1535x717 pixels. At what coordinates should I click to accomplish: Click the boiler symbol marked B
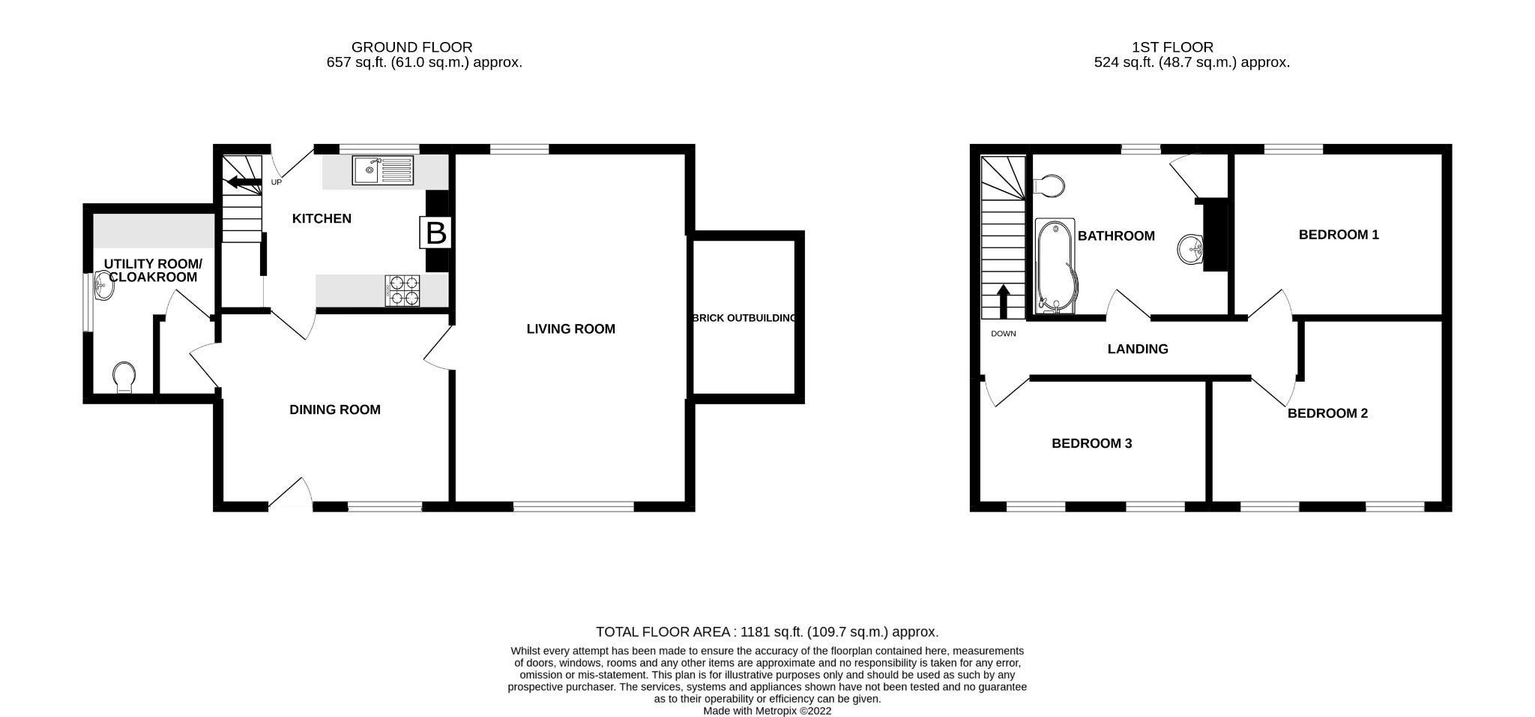click(435, 233)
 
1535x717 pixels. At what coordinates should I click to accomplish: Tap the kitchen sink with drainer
click(383, 170)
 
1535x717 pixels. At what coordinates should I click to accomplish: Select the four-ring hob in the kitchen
click(403, 291)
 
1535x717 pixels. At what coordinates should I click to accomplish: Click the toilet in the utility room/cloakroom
click(124, 376)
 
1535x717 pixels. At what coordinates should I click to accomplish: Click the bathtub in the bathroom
click(1055, 266)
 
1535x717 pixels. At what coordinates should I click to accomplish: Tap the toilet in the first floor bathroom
click(1049, 185)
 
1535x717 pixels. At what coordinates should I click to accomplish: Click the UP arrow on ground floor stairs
click(244, 181)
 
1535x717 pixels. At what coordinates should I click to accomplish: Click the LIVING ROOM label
click(570, 328)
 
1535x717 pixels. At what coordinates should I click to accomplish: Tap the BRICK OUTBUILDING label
click(744, 318)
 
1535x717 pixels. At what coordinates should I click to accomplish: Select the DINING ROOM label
click(335, 409)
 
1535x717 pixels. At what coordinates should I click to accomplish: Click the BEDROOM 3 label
click(1091, 443)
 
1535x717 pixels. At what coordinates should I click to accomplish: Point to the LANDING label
click(1138, 349)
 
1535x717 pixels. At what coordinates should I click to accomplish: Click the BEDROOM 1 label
click(1339, 235)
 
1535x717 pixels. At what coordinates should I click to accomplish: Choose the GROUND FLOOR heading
click(411, 47)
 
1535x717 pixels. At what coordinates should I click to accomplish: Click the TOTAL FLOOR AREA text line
click(767, 632)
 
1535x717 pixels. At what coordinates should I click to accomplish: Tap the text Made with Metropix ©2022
click(767, 711)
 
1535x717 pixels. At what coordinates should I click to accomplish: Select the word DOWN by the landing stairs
click(1003, 334)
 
